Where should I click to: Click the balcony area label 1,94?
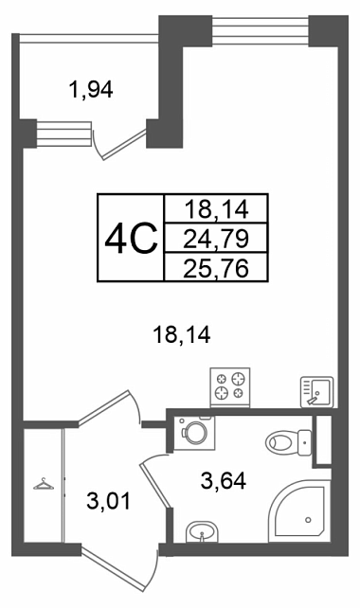[x=91, y=90]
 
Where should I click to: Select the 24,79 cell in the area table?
[x=216, y=238]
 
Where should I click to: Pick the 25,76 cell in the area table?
[x=216, y=267]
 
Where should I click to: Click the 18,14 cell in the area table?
[x=216, y=209]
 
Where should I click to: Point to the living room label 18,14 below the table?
[x=182, y=334]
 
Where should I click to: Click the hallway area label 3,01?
[x=108, y=501]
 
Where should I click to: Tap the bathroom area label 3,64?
[x=223, y=481]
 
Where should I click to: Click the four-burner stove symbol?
[x=230, y=387]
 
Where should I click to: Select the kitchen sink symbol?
[x=317, y=392]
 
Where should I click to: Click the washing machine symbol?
[x=194, y=433]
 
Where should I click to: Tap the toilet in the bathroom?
[x=289, y=442]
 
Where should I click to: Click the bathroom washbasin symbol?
[x=202, y=531]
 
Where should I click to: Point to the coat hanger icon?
[x=44, y=484]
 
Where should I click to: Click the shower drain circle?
[x=309, y=520]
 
